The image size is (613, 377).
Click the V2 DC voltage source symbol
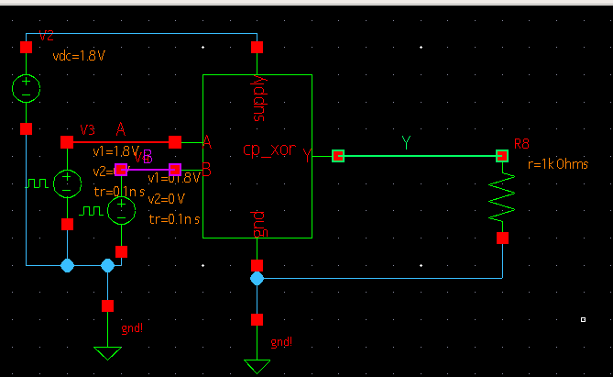(x=27, y=88)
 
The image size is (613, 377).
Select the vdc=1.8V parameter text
(x=80, y=55)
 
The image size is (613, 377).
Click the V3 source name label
(x=87, y=129)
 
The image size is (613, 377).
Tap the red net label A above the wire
(x=120, y=128)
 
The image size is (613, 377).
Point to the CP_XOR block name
(x=268, y=150)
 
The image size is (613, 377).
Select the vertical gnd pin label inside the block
(x=257, y=220)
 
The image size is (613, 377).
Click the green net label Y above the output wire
(x=406, y=142)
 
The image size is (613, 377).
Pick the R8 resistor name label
(x=522, y=144)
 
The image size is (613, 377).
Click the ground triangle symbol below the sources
(x=108, y=352)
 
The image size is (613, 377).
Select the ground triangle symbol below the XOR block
(x=257, y=366)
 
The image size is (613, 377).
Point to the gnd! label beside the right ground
(x=282, y=341)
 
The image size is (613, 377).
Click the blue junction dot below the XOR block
(x=257, y=277)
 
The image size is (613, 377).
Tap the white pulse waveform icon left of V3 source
(x=38, y=183)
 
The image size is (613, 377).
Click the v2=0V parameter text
(x=167, y=198)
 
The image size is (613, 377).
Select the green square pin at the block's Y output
(x=337, y=157)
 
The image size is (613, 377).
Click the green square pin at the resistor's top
(x=502, y=157)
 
